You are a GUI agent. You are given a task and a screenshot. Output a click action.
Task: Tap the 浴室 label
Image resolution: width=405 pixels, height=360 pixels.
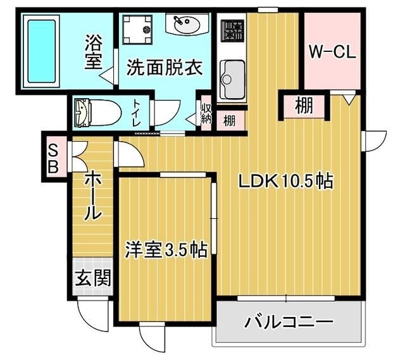click(95, 53)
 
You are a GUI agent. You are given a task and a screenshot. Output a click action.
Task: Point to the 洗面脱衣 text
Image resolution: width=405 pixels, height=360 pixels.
click(164, 68)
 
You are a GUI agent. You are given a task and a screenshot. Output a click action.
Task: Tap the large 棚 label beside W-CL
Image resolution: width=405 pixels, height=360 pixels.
click(304, 106)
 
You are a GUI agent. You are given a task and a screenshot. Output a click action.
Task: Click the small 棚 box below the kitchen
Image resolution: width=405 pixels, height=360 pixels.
click(229, 120)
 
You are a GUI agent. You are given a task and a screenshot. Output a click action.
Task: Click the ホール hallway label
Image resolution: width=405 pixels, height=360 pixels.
click(94, 196)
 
